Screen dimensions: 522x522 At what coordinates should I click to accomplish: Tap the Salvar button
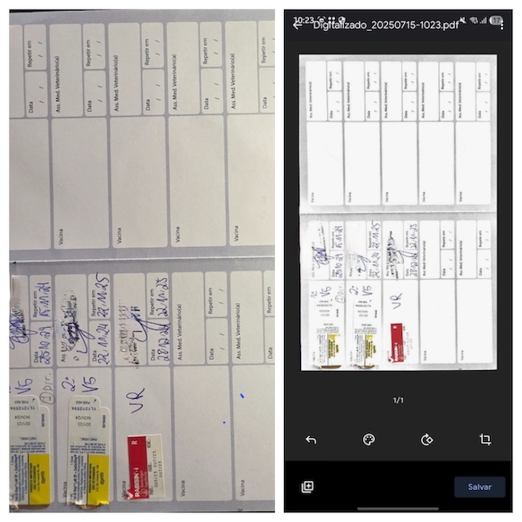[x=479, y=486]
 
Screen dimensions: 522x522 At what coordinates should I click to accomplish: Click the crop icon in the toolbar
[x=485, y=439]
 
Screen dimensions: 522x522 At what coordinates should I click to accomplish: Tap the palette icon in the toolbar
[x=368, y=439]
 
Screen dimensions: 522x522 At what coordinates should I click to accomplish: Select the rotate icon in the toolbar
[x=427, y=439]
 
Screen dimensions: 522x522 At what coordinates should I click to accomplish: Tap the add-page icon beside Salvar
[x=307, y=486]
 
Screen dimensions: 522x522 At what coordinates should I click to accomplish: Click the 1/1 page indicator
[x=398, y=401]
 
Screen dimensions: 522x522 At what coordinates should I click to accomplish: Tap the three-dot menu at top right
[x=502, y=23]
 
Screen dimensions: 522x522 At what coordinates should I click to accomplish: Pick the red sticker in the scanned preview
[x=397, y=342]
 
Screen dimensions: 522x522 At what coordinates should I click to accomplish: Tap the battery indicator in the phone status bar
[x=495, y=20]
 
